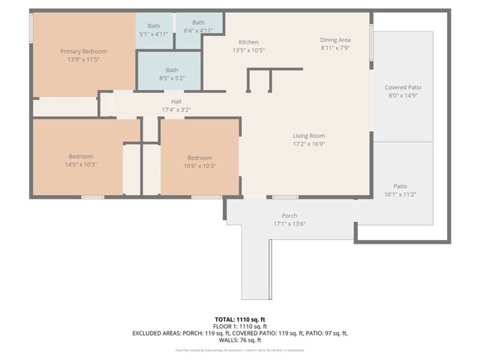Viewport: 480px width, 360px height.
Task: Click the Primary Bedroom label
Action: tap(83, 51)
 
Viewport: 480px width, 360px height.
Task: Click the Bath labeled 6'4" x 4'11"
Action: tap(199, 26)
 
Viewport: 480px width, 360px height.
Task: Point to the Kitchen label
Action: tap(248, 42)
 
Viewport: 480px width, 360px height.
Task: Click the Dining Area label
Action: tap(335, 39)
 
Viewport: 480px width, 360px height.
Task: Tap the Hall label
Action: tap(176, 101)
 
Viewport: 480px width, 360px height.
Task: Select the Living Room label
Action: tap(308, 136)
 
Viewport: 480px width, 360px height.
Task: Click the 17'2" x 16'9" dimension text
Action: tap(308, 144)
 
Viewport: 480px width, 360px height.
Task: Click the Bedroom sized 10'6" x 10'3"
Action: tap(199, 161)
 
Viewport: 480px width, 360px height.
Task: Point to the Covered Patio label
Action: tap(403, 88)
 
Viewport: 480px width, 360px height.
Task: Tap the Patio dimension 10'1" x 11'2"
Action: tap(400, 193)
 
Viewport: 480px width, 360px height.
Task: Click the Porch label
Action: tap(289, 215)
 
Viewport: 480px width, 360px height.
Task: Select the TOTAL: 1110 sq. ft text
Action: tap(240, 319)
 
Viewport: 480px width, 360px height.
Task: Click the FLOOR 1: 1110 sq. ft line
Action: tap(240, 325)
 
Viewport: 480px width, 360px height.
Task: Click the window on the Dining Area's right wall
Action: tap(371, 37)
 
